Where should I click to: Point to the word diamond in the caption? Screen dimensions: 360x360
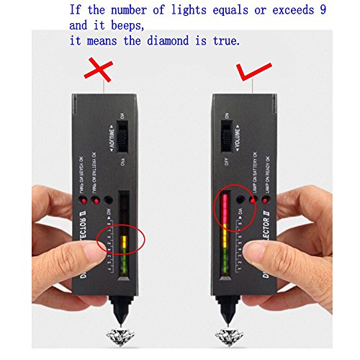[176, 41]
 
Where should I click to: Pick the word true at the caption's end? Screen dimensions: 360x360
[223, 41]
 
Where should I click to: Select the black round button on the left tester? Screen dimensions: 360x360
[108, 198]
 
